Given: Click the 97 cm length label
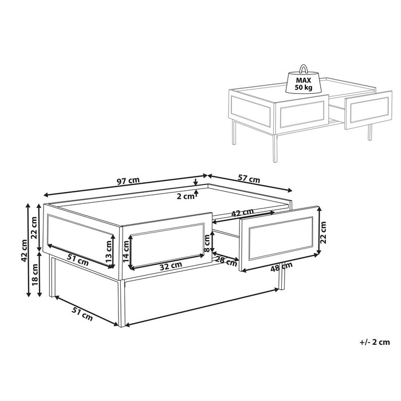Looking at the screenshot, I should point(128,181).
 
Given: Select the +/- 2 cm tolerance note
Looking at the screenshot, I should point(375,342).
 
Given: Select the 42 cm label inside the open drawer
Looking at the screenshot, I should point(242,213).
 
